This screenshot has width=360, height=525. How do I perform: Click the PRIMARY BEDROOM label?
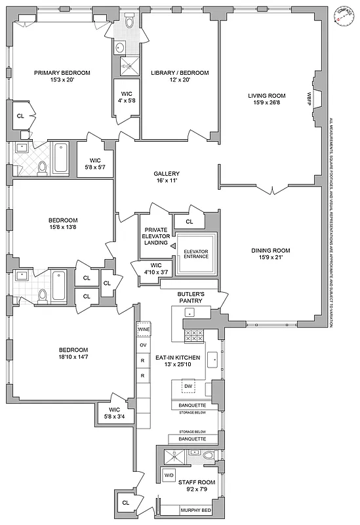(x=62, y=73)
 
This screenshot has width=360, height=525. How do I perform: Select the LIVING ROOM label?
(x=266, y=96)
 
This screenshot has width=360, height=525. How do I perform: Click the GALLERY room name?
(x=167, y=174)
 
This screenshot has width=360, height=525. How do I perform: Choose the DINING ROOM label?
(x=271, y=250)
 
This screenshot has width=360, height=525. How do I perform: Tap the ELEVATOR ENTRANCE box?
(x=196, y=253)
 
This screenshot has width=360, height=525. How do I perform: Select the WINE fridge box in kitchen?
(x=144, y=329)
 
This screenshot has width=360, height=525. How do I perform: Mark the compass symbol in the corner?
(x=340, y=16)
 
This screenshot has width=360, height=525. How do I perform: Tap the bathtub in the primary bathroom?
(x=60, y=158)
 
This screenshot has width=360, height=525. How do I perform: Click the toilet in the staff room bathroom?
(x=209, y=455)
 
